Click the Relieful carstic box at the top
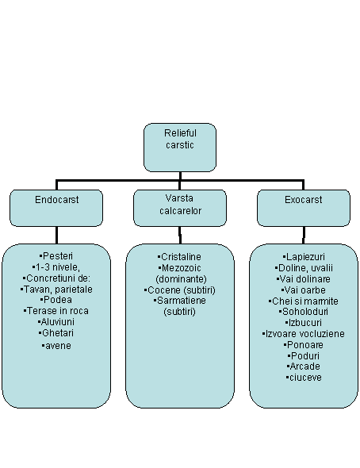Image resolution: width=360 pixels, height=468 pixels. (180, 148)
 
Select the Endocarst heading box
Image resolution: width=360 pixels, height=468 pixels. (56, 208)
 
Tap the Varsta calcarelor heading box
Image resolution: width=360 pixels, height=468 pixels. (180, 208)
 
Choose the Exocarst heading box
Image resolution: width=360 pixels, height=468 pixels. (304, 208)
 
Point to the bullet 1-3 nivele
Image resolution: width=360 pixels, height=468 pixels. (56, 267)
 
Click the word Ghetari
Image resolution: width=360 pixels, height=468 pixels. (58, 333)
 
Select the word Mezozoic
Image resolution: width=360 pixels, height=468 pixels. (181, 268)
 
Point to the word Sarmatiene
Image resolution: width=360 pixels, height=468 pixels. (182, 301)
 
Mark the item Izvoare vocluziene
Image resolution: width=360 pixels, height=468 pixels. (304, 334)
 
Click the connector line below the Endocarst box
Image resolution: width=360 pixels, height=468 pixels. (56, 236)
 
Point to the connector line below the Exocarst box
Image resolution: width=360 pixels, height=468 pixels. (304, 236)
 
